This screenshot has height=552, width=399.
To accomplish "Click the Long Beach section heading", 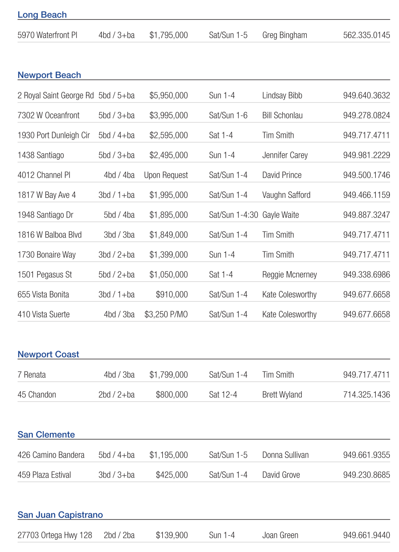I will point(42,15).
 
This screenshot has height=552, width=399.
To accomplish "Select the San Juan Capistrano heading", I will point(60,515).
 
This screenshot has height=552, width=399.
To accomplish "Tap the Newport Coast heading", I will point(48,355).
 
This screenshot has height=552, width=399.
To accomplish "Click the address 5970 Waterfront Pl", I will point(47,35).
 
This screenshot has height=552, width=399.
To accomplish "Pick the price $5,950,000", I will point(168,96).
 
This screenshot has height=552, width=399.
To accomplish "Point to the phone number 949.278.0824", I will point(366,115).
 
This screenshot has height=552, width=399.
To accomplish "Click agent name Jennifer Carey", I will point(285,155).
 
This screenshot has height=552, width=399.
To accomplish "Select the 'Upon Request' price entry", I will point(166,175).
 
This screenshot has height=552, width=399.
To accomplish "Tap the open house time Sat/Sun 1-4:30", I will point(233,215).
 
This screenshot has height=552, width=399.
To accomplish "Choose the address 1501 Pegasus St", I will point(45,275).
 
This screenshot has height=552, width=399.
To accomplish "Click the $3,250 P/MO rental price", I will point(166,315).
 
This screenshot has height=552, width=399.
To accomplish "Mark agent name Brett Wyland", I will point(282,395).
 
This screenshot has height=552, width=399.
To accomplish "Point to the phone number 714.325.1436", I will point(366,395).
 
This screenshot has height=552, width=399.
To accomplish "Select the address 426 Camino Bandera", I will point(51,455).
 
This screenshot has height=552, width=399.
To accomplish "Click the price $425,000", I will point(172,475).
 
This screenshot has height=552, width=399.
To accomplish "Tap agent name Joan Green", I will point(280,535).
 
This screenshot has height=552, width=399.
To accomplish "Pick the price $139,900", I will point(172,535).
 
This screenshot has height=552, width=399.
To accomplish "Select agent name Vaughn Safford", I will point(286,195).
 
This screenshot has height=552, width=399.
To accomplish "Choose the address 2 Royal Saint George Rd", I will point(55,96).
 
